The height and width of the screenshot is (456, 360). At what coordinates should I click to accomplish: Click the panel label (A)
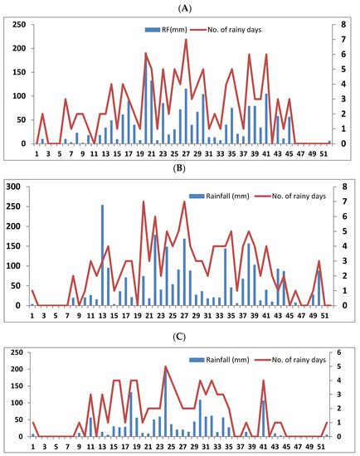pos(180,6)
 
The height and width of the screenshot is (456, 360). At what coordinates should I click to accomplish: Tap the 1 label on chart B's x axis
pos(32,316)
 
